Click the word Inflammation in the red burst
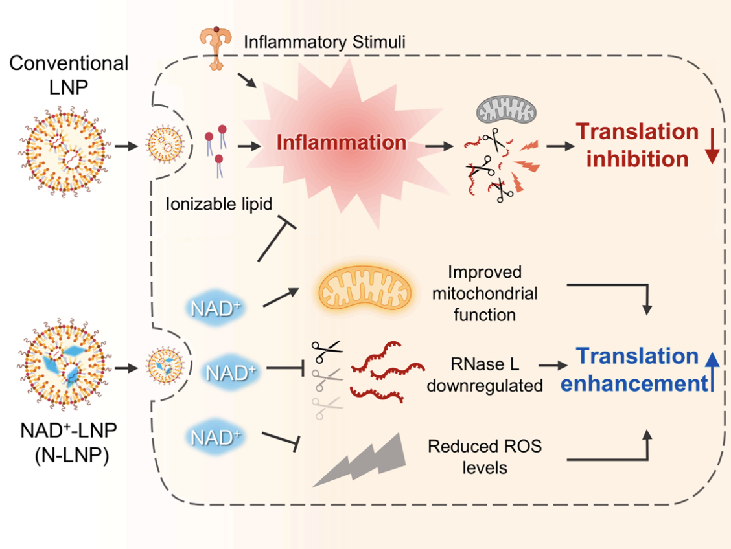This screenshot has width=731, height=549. click(342, 142)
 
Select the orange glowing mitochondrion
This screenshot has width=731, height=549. click(365, 287)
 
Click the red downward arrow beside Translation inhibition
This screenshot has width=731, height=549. click(712, 147)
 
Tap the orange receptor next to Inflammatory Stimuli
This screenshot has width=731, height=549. click(215, 47)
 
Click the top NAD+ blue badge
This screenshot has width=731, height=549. click(215, 308)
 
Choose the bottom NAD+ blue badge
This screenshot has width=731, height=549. click(215, 438)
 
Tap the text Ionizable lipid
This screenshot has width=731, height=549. click(218, 204)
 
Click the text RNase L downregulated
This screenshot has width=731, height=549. click(485, 375)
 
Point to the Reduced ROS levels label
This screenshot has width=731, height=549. click(485, 456)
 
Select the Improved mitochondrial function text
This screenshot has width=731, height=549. click(485, 293)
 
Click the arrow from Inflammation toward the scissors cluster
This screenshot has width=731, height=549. click(439, 146)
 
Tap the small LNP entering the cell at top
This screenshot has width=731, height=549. click(165, 144)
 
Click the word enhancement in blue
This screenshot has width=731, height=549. click(634, 384)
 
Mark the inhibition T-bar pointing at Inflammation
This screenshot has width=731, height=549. click(277, 238)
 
